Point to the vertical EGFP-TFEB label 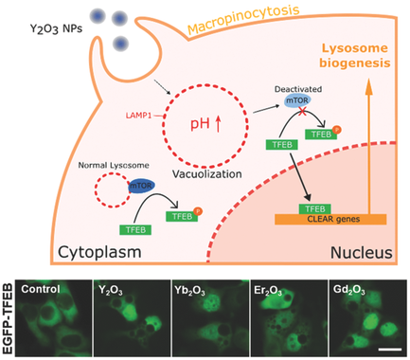[9, 317]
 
